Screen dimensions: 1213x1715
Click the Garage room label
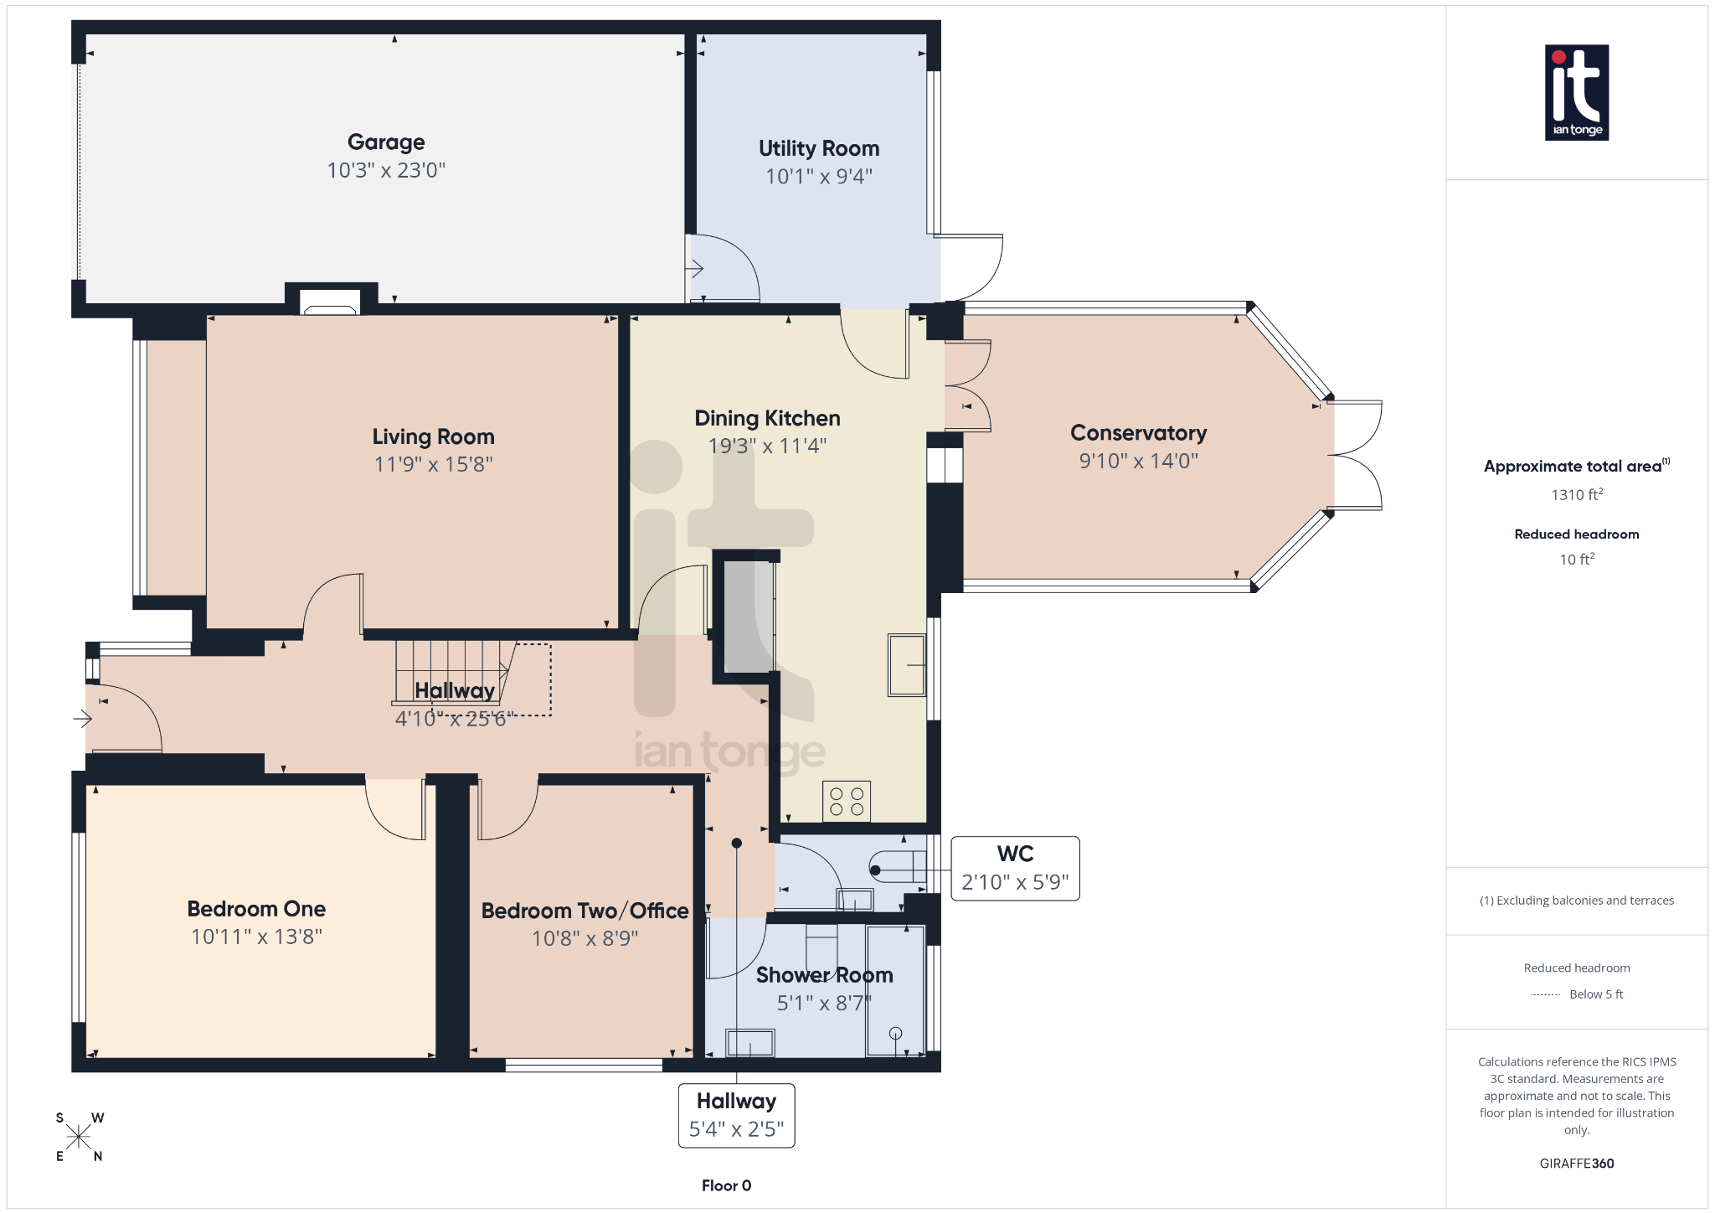coord(386,142)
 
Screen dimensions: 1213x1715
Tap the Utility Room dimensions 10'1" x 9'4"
coord(818,177)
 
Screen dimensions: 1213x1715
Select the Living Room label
coord(433,436)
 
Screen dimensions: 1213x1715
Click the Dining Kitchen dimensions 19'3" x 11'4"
coord(767,446)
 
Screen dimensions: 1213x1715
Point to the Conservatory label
coord(1138,433)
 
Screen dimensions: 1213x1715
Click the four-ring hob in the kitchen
coord(847,801)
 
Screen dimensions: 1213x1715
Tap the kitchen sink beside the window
coord(906,665)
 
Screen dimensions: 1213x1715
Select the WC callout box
coord(1015,868)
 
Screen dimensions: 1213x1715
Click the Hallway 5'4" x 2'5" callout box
coord(736,1115)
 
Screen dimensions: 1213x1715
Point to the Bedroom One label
coord(256,909)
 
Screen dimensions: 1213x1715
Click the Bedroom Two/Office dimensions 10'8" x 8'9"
coord(585,938)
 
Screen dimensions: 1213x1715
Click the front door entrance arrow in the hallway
coord(82,719)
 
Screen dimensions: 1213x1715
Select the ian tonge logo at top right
coord(1576,92)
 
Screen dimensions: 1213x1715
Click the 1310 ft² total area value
coord(1576,495)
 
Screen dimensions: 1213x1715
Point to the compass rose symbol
coord(79,1137)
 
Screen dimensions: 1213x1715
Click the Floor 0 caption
coord(726,1185)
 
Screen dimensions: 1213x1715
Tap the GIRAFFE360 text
coord(1576,1164)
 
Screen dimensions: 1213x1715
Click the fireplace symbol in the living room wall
coord(330,302)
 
